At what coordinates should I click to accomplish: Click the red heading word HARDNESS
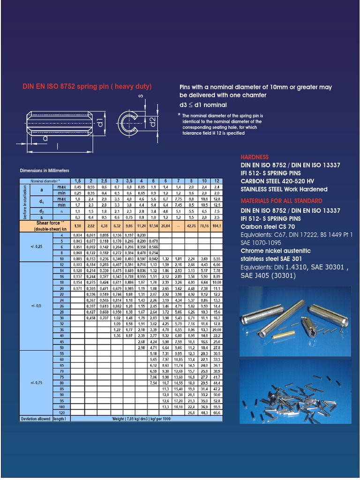tap(255, 157)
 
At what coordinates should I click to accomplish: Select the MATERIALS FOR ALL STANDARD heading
tap(281, 201)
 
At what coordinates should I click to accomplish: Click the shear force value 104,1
tap(216, 225)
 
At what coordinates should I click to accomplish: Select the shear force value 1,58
tap(78, 225)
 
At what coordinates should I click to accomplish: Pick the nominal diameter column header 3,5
tap(129, 181)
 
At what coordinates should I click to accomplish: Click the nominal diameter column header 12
tap(216, 181)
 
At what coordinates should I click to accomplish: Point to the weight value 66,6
tap(216, 412)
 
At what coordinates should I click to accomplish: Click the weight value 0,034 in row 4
tap(78, 235)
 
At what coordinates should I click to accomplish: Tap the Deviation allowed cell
tap(35, 419)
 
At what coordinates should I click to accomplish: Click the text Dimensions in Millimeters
tap(45, 171)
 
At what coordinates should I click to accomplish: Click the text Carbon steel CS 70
tap(268, 226)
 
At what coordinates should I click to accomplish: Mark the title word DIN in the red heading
tap(29, 87)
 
